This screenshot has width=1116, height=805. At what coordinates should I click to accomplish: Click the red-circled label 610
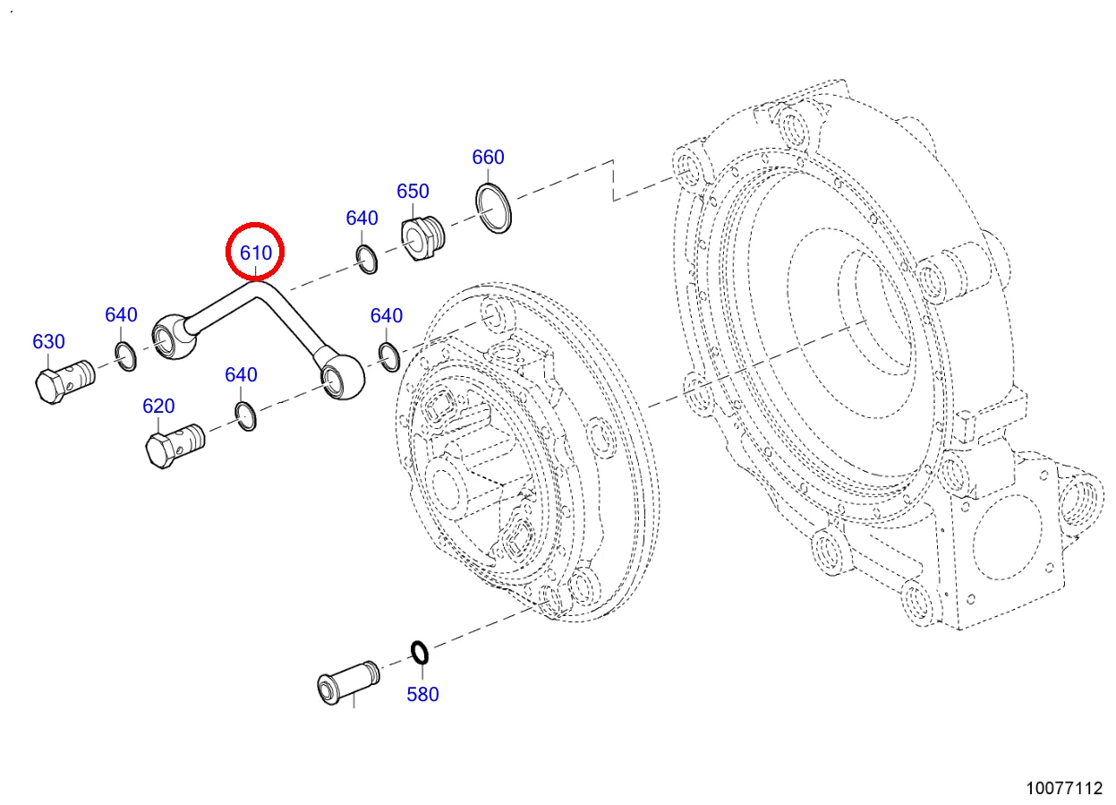click(255, 253)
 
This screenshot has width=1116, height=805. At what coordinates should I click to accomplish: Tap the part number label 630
click(48, 341)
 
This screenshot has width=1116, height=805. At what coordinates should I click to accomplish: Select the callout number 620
click(158, 406)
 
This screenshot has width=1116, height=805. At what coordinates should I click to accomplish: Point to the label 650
click(413, 191)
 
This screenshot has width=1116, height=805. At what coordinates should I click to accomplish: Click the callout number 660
click(488, 157)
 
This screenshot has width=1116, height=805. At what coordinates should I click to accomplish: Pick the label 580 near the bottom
click(422, 694)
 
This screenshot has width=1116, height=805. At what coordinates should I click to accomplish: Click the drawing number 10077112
click(1064, 788)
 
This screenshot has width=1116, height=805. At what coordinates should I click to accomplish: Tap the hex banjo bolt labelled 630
click(63, 380)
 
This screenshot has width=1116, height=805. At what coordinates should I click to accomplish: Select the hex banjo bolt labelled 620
click(174, 442)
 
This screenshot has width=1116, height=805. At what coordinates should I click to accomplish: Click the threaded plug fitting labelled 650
click(422, 236)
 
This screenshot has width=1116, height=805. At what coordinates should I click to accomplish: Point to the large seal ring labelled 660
click(495, 209)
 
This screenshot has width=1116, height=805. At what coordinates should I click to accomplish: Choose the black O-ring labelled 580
click(419, 653)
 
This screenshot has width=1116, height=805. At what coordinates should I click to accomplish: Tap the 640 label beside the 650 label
click(362, 218)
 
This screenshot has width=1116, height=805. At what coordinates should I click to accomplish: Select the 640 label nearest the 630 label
click(121, 314)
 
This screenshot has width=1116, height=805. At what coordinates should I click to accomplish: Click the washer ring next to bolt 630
click(125, 355)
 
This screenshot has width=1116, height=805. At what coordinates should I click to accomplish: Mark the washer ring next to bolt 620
click(245, 415)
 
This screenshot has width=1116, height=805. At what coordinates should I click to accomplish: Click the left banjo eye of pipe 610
click(171, 336)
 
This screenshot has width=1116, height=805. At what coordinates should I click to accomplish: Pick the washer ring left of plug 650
click(366, 258)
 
